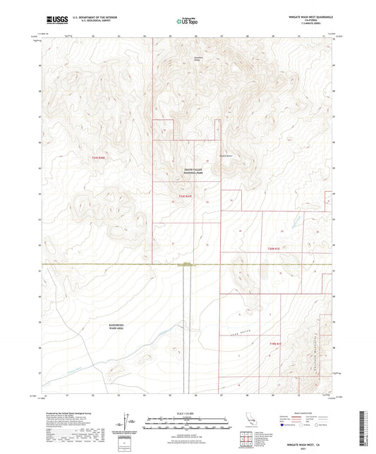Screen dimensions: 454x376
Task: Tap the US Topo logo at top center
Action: pyautogui.click(x=188, y=21)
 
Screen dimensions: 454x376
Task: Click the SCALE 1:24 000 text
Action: pyautogui.click(x=188, y=412)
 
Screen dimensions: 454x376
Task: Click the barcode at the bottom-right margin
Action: pyautogui.click(x=366, y=423)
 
